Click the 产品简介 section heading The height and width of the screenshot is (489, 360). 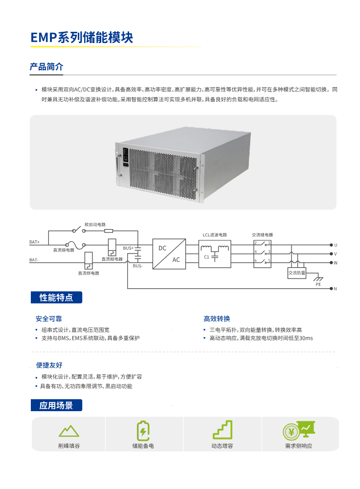click(x=46, y=67)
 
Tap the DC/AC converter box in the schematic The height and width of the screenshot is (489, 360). click(x=169, y=254)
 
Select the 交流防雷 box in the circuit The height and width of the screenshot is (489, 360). click(x=296, y=273)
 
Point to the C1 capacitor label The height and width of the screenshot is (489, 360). click(x=206, y=256)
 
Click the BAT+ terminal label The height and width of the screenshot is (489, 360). click(x=35, y=242)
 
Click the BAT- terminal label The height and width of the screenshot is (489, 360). click(x=34, y=260)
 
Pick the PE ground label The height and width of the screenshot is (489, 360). click(x=318, y=284)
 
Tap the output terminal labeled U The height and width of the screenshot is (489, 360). click(x=336, y=245)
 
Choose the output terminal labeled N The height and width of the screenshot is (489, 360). click(x=336, y=289)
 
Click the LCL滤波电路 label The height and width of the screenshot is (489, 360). click(x=215, y=235)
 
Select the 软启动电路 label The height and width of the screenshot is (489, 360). click(x=95, y=224)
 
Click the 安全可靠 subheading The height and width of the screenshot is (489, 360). click(x=49, y=319)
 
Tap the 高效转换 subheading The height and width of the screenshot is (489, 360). click(x=217, y=319)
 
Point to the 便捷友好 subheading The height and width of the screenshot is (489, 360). click(x=49, y=365)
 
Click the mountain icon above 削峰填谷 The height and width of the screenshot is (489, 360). click(x=69, y=431)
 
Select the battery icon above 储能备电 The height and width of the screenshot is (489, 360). click(x=142, y=430)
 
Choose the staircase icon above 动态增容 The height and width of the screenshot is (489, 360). click(x=222, y=430)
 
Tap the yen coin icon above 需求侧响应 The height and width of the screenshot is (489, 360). click(x=292, y=431)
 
